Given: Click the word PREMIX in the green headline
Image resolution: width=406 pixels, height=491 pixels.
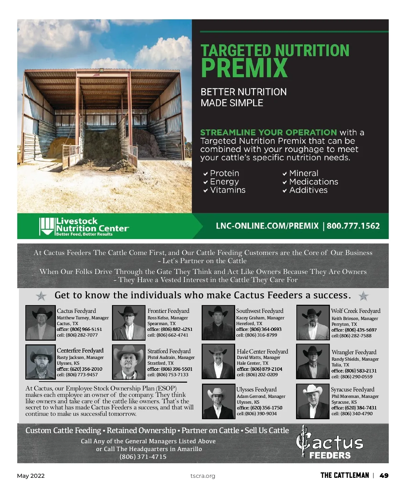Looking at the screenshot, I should click(244, 68).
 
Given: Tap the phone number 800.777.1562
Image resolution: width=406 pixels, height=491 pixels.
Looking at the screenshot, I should click(353, 226).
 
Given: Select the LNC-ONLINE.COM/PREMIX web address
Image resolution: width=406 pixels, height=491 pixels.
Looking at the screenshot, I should click(267, 226).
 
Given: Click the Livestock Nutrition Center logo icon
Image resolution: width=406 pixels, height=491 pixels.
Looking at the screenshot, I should click(47, 226).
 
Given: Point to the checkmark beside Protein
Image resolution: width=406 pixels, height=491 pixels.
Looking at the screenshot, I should click(205, 174).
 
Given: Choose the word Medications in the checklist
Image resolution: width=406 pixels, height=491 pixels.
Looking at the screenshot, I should click(314, 182).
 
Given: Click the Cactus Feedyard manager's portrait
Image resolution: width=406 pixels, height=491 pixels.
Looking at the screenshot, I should click(41, 323).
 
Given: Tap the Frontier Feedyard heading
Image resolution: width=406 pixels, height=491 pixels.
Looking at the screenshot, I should click(168, 311).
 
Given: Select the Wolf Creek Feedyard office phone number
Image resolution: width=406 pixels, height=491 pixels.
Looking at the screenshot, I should click(354, 330).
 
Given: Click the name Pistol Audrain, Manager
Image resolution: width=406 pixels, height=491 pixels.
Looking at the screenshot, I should click(171, 357).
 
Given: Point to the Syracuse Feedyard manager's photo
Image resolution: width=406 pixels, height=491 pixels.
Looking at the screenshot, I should click(313, 401).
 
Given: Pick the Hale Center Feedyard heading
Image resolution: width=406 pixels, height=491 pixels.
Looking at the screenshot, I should click(262, 351).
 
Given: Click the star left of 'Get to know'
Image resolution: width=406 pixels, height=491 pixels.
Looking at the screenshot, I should click(41, 296).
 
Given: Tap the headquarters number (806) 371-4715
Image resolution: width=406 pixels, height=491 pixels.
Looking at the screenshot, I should click(143, 457).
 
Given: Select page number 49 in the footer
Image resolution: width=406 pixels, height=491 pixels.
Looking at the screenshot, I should click(384, 475).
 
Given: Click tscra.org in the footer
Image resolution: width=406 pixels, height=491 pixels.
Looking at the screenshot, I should click(203, 476).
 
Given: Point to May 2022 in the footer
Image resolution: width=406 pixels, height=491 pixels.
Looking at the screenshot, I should click(31, 476).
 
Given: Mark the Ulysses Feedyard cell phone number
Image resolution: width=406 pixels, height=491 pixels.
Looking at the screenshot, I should click(257, 413).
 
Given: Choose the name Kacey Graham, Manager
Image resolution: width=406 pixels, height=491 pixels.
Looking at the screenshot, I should click(260, 318).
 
